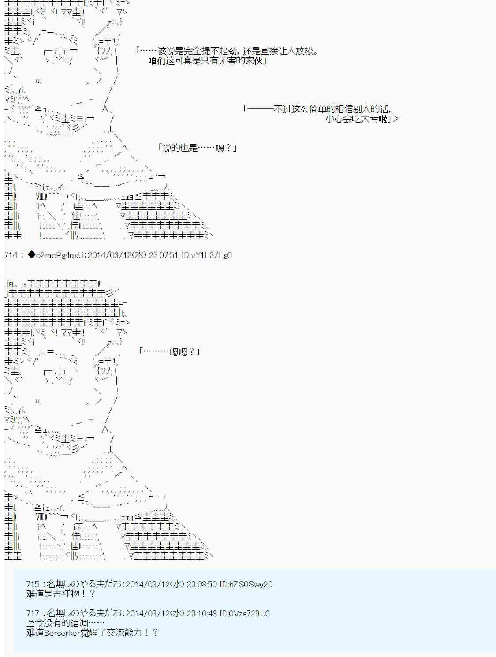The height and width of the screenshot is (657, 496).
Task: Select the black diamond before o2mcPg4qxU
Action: point(31,255)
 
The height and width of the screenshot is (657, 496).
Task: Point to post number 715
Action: point(33,584)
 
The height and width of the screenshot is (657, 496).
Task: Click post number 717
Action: point(33,613)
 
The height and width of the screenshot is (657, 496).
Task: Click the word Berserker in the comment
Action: point(61,633)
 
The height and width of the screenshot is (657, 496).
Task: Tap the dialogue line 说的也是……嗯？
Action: point(198,148)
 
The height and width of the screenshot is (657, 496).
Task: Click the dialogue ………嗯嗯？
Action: point(170,351)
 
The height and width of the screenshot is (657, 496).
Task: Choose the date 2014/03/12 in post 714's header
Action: point(109,255)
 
